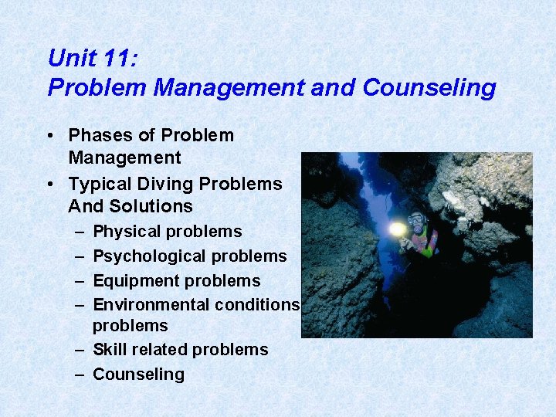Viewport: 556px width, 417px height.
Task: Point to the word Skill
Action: (x=108, y=350)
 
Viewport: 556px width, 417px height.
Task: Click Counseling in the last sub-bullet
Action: (x=138, y=375)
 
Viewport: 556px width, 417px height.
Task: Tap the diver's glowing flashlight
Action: (x=397, y=229)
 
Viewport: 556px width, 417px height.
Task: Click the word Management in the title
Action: (x=229, y=87)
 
